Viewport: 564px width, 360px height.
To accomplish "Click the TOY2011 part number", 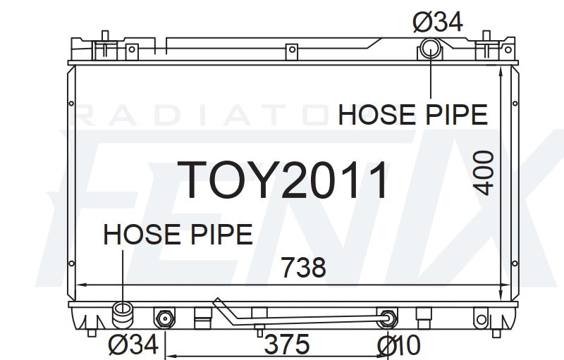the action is [283, 180].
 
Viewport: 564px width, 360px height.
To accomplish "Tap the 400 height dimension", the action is [483, 173].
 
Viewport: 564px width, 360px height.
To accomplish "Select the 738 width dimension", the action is [303, 267].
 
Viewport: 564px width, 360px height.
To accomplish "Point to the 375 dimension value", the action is [287, 345].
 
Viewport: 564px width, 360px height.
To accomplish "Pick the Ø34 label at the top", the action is [437, 22].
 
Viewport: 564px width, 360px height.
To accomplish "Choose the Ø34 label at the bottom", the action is [133, 345].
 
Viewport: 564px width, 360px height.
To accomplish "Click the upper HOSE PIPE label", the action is [412, 115].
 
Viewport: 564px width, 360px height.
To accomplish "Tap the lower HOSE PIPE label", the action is [178, 235].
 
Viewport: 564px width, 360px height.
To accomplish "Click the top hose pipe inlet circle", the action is [431, 48].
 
